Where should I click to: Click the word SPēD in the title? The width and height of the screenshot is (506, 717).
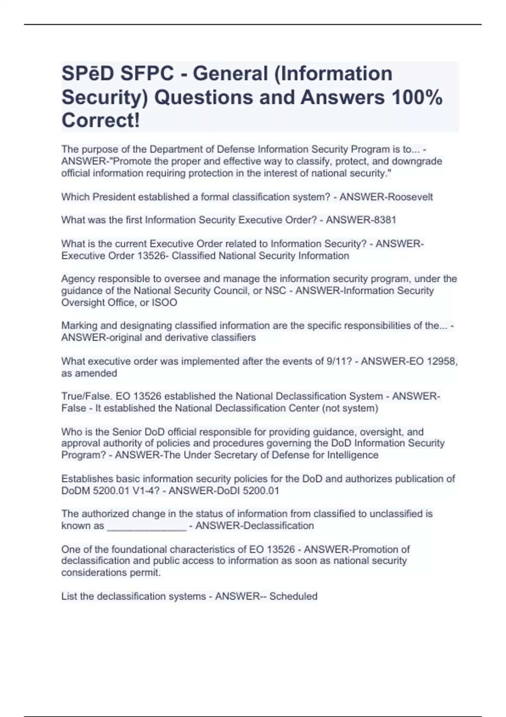(88, 74)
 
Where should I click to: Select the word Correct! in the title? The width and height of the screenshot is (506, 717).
(101, 121)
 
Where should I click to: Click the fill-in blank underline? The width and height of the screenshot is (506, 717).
(147, 527)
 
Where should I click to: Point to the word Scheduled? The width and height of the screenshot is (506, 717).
(293, 596)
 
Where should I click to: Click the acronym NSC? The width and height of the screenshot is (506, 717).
(275, 291)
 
